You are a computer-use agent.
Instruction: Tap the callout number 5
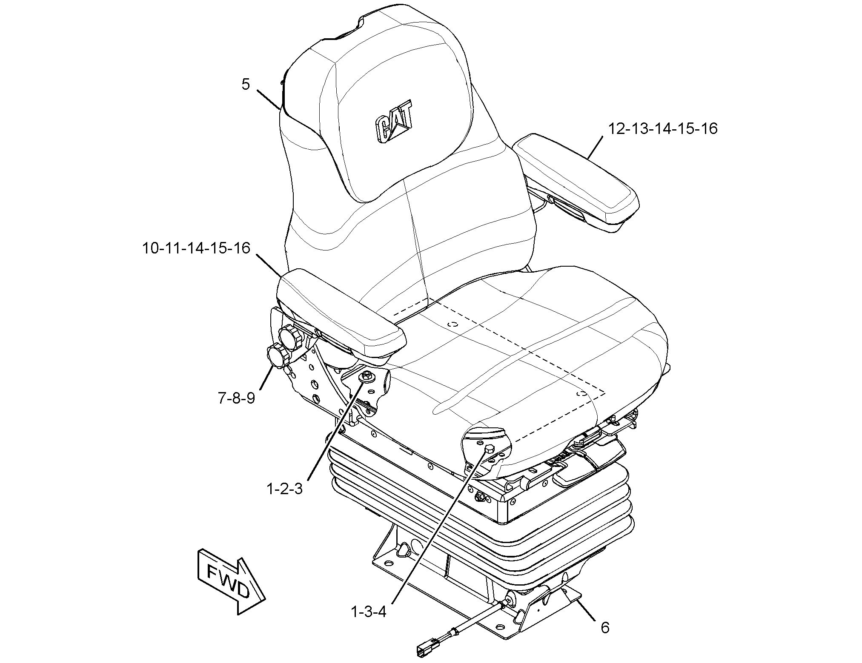(x=246, y=84)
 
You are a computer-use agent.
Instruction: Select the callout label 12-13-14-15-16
(x=663, y=128)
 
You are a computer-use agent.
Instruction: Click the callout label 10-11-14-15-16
(x=196, y=248)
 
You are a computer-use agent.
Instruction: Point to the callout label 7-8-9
(x=237, y=398)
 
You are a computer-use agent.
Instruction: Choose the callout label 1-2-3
(x=284, y=489)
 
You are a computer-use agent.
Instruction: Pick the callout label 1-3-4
(x=369, y=612)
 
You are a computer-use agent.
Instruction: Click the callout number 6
(x=605, y=627)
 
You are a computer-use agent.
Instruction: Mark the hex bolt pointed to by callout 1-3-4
(x=488, y=450)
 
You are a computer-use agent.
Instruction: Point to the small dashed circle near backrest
(x=454, y=324)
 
